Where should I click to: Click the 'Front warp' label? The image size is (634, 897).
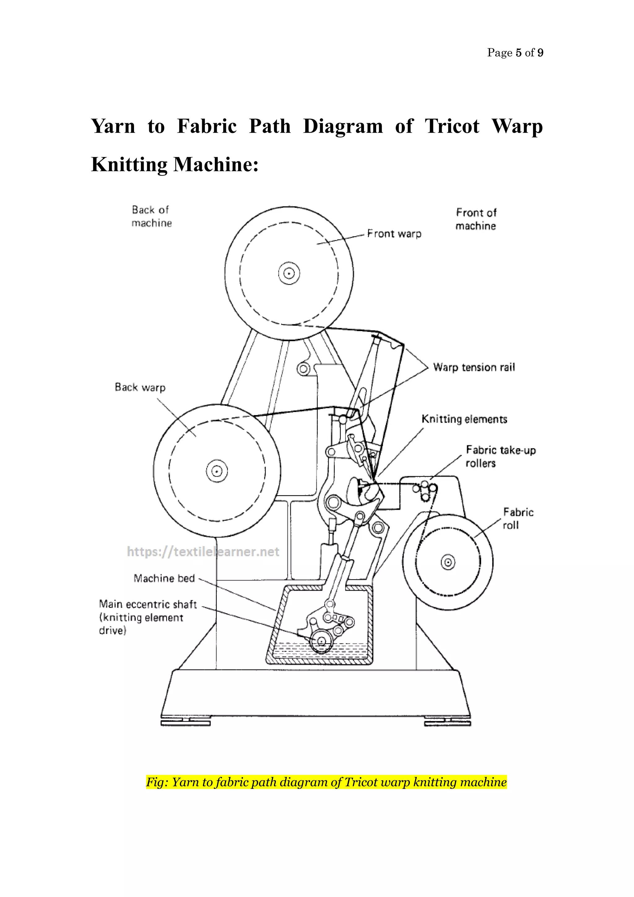click(394, 234)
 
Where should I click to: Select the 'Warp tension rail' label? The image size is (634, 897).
click(474, 367)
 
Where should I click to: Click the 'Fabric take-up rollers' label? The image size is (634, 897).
click(501, 456)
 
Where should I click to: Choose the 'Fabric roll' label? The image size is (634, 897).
click(518, 519)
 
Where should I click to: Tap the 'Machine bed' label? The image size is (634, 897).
click(164, 578)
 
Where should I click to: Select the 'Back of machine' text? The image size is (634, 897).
click(151, 217)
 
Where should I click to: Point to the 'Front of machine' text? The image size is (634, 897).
click(475, 219)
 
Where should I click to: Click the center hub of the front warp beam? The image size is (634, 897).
click(289, 273)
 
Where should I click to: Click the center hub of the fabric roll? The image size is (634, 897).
click(448, 562)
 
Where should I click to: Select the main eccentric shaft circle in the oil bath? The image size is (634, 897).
click(321, 641)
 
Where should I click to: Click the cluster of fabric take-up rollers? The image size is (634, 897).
click(426, 491)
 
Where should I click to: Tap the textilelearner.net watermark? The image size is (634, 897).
click(203, 552)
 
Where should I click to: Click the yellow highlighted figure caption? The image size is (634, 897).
click(326, 782)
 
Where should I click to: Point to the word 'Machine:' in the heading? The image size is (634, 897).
click(216, 164)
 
